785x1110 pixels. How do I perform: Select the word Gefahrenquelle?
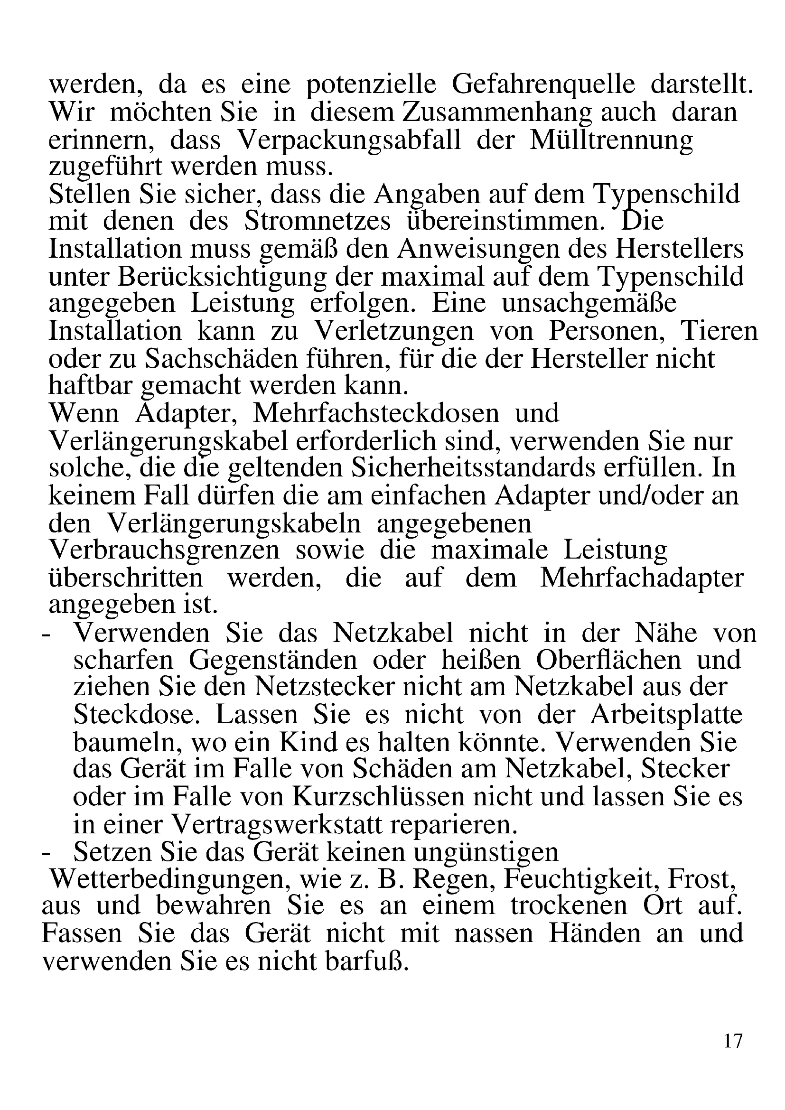pos(543,85)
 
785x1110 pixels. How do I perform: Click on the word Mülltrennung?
pos(611,140)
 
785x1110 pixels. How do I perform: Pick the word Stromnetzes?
pos(317,222)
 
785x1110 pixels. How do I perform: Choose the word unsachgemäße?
pos(589,304)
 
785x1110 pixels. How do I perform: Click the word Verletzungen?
pos(394,332)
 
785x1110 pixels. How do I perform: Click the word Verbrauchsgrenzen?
pos(164,550)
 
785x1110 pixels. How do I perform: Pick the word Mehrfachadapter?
pos(641,578)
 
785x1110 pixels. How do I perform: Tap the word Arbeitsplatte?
pos(665,715)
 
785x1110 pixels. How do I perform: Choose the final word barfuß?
pos(367,961)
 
